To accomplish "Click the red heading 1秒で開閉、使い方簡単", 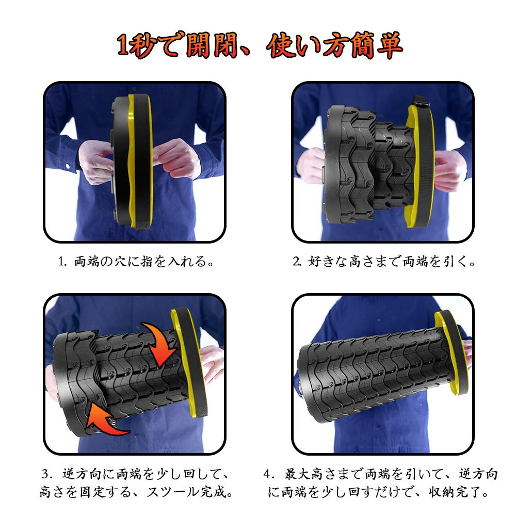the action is coord(260,45).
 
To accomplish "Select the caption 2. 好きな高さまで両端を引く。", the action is coord(384,262).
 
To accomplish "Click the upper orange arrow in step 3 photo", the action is coord(159,342).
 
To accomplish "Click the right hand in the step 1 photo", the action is coord(176,158).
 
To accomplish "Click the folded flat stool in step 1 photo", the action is coord(132,161).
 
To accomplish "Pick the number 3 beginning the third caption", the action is coord(46,474).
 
